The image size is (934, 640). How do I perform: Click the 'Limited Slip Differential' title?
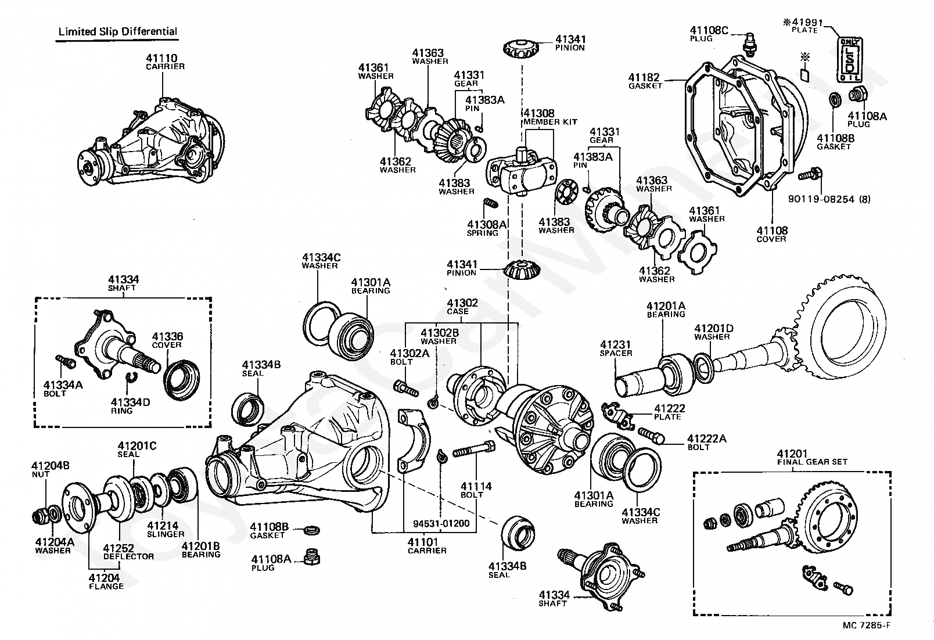(118, 31)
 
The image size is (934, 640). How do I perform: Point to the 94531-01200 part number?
(441, 523)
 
